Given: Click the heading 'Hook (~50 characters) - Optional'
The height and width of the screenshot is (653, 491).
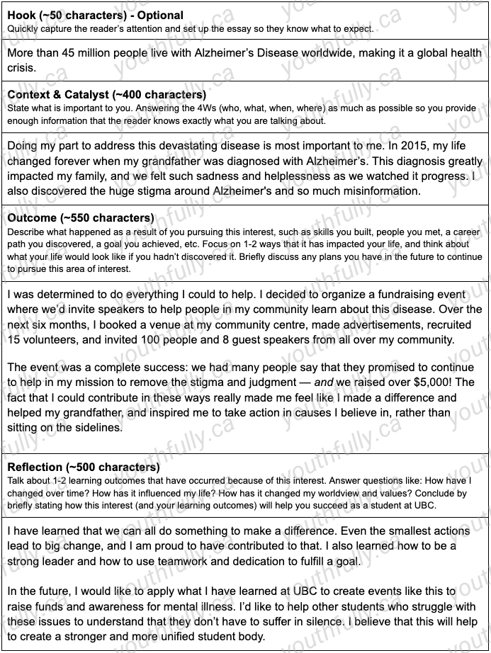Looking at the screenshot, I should click(x=95, y=15).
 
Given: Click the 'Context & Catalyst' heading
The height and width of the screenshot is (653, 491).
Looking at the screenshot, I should click(x=106, y=95).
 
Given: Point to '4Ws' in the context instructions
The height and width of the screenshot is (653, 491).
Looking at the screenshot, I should click(x=232, y=108).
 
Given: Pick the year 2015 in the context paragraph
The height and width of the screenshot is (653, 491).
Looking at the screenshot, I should click(x=342, y=146).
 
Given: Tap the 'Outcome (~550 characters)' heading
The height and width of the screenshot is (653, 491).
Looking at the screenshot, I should click(x=80, y=218).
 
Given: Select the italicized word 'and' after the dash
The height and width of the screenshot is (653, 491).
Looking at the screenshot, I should click(x=324, y=382).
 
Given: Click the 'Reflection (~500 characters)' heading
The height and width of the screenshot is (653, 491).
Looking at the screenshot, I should click(x=83, y=467).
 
